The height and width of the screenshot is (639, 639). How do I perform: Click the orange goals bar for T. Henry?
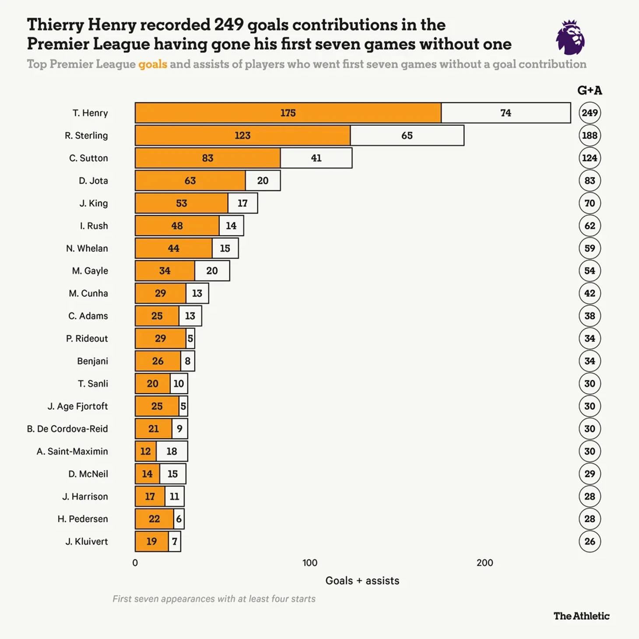(x=288, y=113)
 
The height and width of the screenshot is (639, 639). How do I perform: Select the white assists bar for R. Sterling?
(x=407, y=136)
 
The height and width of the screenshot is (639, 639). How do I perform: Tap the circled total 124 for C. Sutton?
(x=590, y=158)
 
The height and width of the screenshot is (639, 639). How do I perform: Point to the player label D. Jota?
(x=93, y=181)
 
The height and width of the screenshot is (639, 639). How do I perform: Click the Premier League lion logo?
(x=570, y=37)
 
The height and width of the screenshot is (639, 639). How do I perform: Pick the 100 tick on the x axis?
(x=310, y=563)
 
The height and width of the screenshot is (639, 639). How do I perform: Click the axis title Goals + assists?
(x=362, y=581)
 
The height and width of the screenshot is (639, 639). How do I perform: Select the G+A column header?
(x=590, y=91)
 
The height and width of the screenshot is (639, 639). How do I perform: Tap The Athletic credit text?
(x=581, y=616)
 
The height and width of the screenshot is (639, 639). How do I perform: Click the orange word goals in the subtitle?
(x=153, y=64)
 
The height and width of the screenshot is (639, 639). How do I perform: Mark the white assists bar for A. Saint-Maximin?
(x=172, y=451)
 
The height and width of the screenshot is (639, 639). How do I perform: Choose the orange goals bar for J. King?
(x=181, y=203)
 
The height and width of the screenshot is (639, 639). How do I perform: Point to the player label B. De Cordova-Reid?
(x=67, y=429)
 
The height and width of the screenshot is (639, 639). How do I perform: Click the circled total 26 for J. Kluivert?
(x=590, y=541)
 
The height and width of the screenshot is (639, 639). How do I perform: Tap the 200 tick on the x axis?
(x=485, y=563)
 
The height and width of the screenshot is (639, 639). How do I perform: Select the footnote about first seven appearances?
(x=214, y=599)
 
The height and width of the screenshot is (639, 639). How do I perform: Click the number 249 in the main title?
(x=228, y=25)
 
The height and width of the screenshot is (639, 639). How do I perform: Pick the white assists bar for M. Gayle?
(x=212, y=271)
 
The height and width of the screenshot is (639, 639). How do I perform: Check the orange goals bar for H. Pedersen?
(x=154, y=519)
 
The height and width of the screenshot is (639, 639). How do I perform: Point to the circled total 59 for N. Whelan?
(x=590, y=248)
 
